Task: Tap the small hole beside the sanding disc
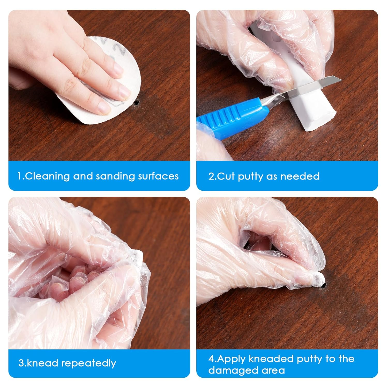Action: coord(137,103)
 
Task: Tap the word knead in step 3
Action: coord(43,363)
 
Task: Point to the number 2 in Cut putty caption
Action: coord(211,176)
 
